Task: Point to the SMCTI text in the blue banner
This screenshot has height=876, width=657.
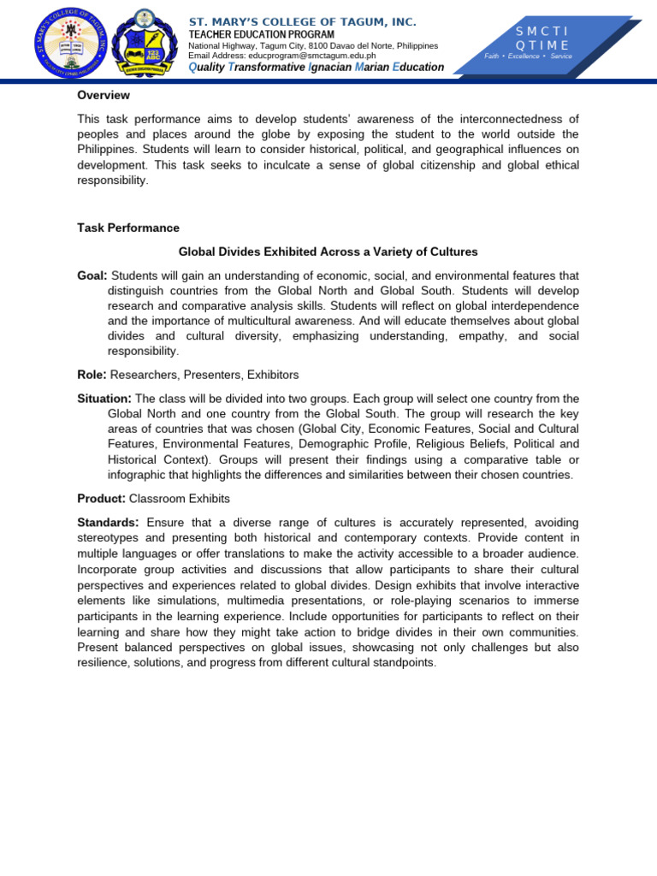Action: click(542, 31)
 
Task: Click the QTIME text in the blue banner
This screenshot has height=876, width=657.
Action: click(542, 44)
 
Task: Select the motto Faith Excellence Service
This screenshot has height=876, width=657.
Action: click(528, 56)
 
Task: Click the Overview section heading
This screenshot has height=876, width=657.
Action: click(104, 95)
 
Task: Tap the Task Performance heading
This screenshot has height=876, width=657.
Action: click(128, 228)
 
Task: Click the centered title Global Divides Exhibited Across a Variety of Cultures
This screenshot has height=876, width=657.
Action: click(328, 252)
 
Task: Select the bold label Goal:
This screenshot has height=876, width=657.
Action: click(92, 275)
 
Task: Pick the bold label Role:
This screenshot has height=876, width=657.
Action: click(92, 375)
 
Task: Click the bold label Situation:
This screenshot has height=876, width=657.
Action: click(104, 399)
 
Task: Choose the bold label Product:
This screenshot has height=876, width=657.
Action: click(100, 498)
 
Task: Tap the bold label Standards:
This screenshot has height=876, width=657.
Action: click(108, 522)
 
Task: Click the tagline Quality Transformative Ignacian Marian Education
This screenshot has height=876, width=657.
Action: click(316, 68)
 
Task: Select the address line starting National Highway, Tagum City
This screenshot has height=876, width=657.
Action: click(312, 45)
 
